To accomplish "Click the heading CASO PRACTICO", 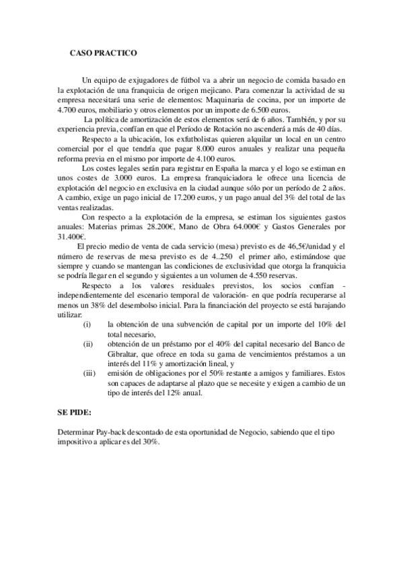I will coord(104,52).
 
